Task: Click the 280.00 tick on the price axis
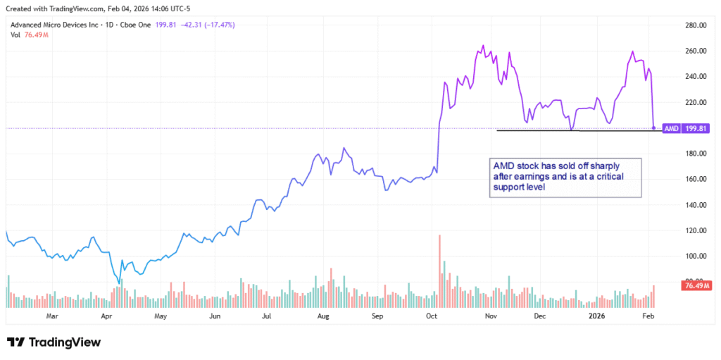tap(695, 25)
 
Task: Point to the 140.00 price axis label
tap(695, 205)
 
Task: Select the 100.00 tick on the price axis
tap(695, 256)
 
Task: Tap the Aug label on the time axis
tap(324, 317)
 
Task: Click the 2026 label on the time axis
tap(597, 317)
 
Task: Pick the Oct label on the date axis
tap(431, 317)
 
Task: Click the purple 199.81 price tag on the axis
tap(696, 129)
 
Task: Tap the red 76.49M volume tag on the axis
tap(696, 285)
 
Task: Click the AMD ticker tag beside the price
tap(672, 129)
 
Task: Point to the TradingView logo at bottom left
tap(54, 342)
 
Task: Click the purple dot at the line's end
tap(654, 128)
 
